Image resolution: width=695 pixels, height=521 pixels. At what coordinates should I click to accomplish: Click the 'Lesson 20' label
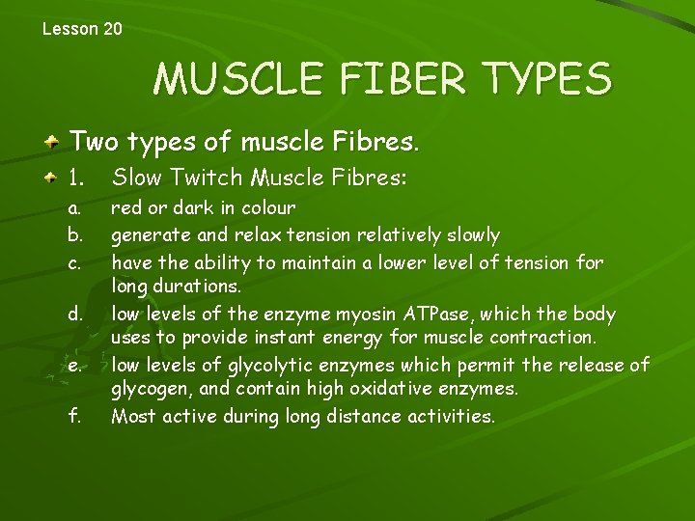(x=82, y=29)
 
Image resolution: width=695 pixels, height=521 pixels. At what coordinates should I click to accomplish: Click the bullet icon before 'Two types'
(x=55, y=144)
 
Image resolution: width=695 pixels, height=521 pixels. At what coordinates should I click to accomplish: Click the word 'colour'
(x=267, y=208)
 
